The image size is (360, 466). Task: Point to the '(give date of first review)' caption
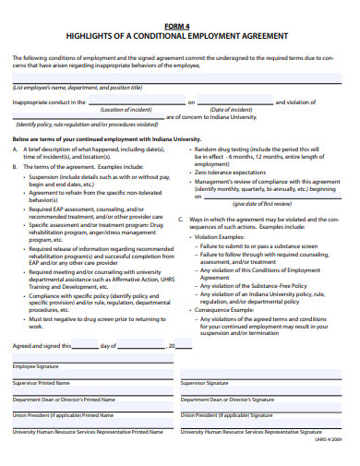(263, 203)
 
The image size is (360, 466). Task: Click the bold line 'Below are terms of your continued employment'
(106, 137)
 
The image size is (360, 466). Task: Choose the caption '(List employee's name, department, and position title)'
(78, 88)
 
